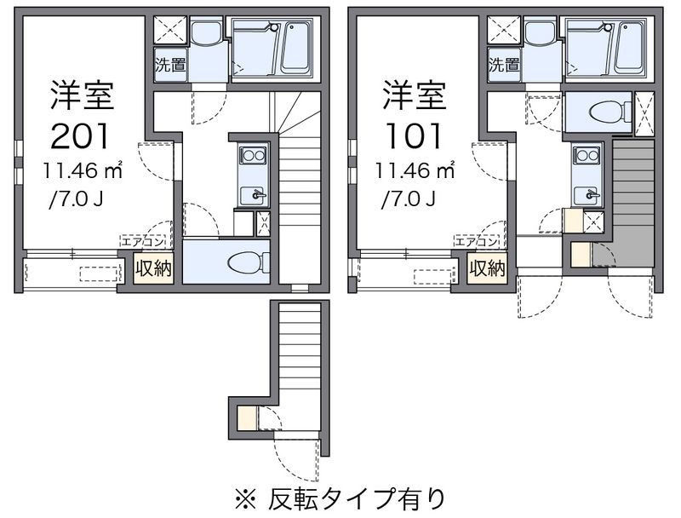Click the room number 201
(79, 136)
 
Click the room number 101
(414, 136)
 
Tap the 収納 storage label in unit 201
(154, 269)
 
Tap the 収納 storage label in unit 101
(487, 269)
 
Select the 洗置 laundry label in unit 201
(171, 65)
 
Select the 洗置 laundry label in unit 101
(504, 65)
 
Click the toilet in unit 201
(248, 262)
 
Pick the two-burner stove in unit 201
(253, 155)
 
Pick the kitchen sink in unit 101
(587, 195)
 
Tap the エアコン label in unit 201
(142, 242)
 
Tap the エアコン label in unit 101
(476, 242)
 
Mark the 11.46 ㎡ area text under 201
(82, 170)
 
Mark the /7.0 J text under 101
(409, 199)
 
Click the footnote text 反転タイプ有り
(356, 498)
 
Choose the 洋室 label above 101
(414, 95)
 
